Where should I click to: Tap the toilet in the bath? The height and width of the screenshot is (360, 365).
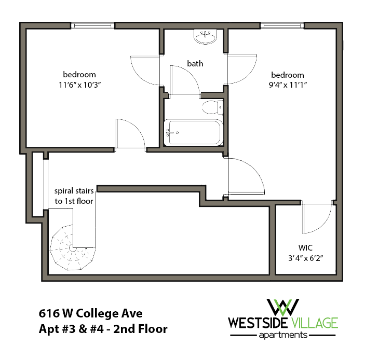pyautogui.click(x=211, y=108)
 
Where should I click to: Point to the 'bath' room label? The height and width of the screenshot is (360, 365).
pyautogui.click(x=195, y=64)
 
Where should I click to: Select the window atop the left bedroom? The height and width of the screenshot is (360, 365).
pyautogui.click(x=92, y=25)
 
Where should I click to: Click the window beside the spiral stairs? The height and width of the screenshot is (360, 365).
pyautogui.click(x=36, y=184)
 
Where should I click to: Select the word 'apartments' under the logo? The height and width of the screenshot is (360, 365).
pyautogui.click(x=283, y=336)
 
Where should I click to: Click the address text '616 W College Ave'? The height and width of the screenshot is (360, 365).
pyautogui.click(x=90, y=313)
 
